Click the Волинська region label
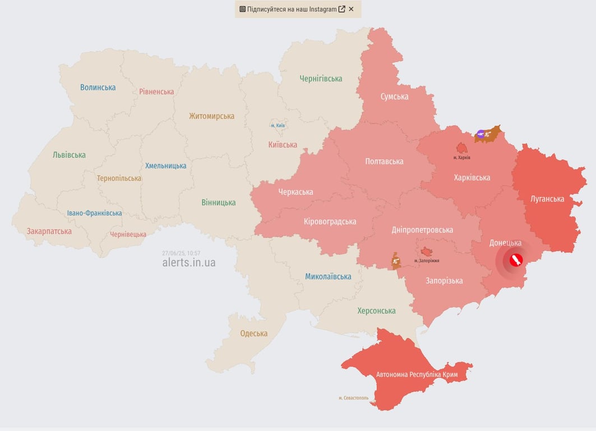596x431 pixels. (x=98, y=87)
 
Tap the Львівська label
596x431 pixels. (x=69, y=154)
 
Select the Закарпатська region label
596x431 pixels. (x=49, y=231)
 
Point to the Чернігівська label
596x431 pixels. (x=321, y=79)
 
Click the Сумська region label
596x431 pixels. (x=394, y=97)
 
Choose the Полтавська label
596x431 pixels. (x=384, y=161)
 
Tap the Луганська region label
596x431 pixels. (x=547, y=199)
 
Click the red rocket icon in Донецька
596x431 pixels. (x=515, y=260)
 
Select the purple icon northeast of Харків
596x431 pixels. (x=481, y=134)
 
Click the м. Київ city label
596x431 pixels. (x=278, y=125)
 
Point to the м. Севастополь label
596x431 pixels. (x=353, y=398)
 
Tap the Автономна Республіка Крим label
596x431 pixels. (x=417, y=374)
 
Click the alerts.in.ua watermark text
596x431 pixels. (x=188, y=263)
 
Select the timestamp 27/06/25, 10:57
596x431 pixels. (x=181, y=253)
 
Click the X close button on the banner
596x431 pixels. (x=351, y=9)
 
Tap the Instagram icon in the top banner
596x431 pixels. (x=243, y=9)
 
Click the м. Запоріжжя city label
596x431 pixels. (x=427, y=261)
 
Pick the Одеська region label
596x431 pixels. (x=253, y=333)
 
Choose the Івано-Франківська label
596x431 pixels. (x=94, y=213)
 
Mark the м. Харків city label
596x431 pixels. (x=461, y=158)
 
